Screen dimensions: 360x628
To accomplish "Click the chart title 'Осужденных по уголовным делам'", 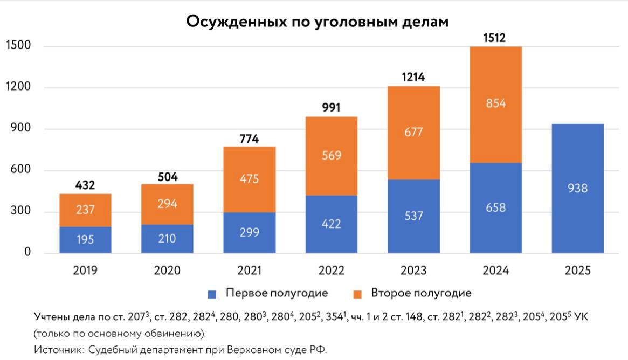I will pos(317,22).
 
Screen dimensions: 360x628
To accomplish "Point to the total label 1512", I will pos(495,38).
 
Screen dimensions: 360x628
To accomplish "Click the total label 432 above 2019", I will pos(85,185).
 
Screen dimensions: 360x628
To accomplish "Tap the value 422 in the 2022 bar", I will pos(331,223).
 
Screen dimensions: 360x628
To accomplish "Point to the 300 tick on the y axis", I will pos(20,212).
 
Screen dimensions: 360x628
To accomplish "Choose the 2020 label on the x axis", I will pos(167,271).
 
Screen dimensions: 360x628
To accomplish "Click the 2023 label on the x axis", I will pos(413,271).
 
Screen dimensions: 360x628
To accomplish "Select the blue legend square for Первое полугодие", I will pos(212,294).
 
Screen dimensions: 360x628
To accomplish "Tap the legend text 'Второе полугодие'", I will pos(420,293).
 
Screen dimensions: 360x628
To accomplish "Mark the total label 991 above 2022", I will pos(331,108).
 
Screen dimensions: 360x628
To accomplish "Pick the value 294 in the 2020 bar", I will pos(167,204).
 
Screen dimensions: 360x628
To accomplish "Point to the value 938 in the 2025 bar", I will pos(577,189).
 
